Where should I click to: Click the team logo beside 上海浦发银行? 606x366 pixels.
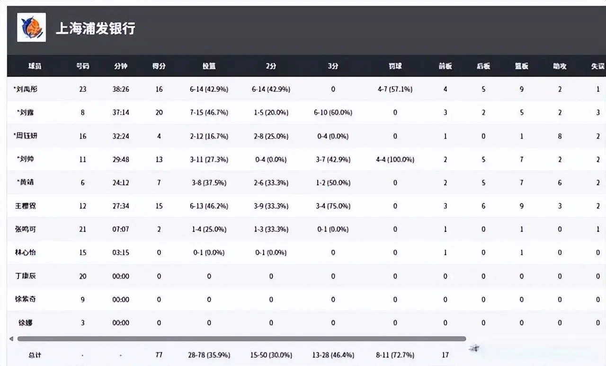coord(31,28)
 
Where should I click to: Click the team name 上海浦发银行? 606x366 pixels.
coord(96,28)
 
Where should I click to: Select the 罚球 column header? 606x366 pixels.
coord(395,66)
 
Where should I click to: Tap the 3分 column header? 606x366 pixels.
coord(333,66)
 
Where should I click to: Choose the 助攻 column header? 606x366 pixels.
coord(560,66)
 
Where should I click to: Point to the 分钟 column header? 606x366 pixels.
coord(121,66)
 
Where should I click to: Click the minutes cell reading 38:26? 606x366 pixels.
coord(121,89)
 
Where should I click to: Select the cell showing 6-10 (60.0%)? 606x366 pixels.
coord(333,113)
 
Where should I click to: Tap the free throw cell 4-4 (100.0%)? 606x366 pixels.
coord(395,159)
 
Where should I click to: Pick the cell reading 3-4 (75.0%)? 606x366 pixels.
coord(333,206)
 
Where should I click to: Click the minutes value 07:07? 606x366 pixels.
coord(121,229)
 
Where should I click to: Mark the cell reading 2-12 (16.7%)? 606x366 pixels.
coord(209,136)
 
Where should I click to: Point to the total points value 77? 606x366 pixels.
coord(159,355)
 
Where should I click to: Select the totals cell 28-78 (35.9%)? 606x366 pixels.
coord(209,355)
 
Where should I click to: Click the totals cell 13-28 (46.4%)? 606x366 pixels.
coord(333,355)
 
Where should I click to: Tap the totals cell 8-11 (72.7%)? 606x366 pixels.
coord(395,355)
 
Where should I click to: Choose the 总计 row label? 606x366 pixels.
coord(35,355)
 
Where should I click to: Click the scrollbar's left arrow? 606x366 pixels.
coord(11,339)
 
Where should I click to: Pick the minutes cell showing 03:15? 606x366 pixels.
coord(121,253)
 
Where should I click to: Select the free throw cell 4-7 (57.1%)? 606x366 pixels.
coord(395,89)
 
